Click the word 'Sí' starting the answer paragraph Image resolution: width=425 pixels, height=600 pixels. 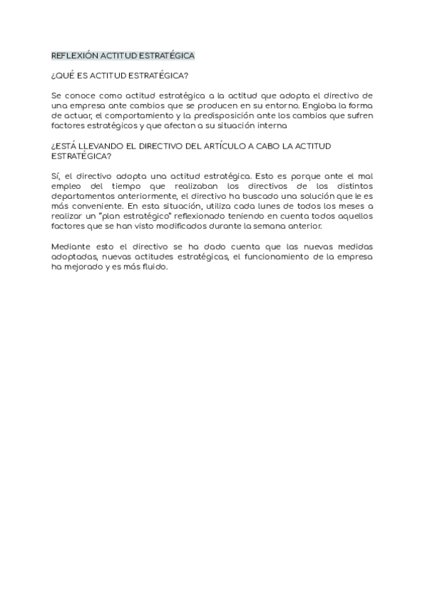pyautogui.click(x=57, y=175)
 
